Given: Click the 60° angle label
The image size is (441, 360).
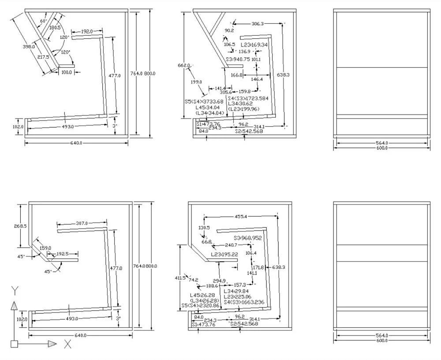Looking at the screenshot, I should (43, 21).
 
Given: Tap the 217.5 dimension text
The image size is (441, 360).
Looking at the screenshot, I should (43, 57).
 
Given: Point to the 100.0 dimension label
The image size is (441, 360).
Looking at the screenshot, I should (66, 72).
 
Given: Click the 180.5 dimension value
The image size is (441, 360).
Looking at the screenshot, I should (55, 28).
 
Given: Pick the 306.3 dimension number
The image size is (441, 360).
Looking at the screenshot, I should (257, 24).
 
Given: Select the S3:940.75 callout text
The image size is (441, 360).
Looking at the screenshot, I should (238, 59).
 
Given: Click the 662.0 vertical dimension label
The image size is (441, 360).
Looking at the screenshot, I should (184, 65).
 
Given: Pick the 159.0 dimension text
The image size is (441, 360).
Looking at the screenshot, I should (45, 248).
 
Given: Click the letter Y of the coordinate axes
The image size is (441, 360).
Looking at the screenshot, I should (15, 290).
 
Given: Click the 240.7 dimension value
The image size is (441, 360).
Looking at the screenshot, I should (231, 245).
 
